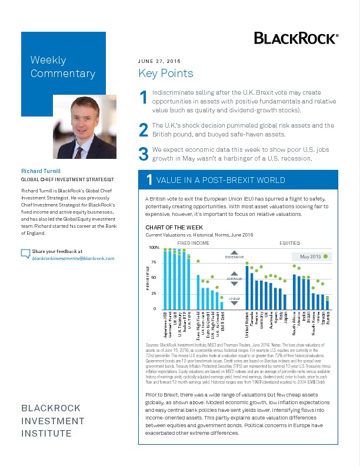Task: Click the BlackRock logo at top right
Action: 296,38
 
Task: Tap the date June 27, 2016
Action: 159,61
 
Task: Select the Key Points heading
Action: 165,74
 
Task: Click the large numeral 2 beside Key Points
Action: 143,129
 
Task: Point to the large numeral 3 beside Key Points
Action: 142,155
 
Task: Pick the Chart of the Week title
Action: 174,227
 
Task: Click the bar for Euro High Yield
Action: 198,292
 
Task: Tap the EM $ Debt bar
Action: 222,305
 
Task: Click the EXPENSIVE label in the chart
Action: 234,257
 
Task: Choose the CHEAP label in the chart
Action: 234,299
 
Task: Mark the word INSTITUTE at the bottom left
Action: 46,434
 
